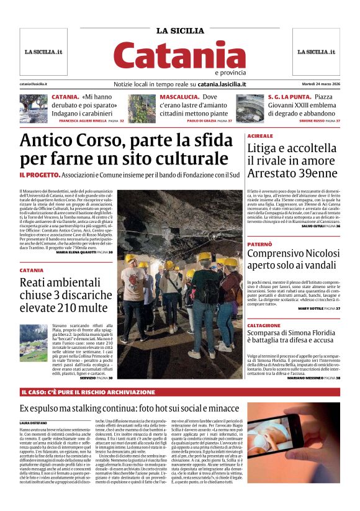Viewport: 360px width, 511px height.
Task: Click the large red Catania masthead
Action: coord(180,56)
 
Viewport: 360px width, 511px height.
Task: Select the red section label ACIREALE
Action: coord(260,135)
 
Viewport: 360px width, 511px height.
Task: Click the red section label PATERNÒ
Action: coord(259,245)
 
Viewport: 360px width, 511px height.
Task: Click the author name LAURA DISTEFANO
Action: coord(34,423)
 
